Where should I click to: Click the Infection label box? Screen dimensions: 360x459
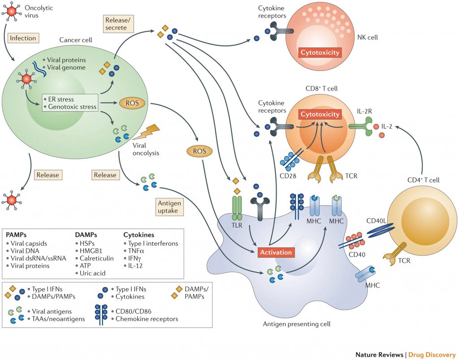tap(23, 38)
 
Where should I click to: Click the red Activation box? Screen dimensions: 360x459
tap(277, 252)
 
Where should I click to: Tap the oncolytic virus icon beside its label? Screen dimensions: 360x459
tap(12, 12)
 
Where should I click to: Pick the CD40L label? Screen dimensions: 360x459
tap(376, 221)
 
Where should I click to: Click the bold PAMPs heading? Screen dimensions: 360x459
tap(16, 234)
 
